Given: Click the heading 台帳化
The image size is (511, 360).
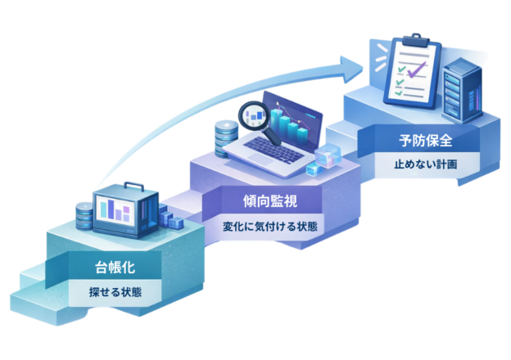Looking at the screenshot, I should tap(109, 267).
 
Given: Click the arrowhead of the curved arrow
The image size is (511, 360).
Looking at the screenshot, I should tap(352, 65).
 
